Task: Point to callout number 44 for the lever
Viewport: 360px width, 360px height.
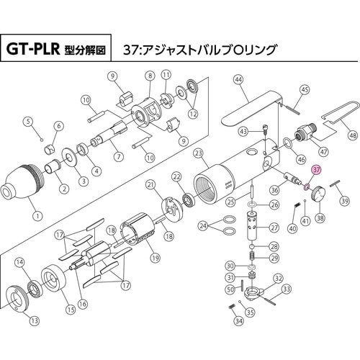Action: click(237, 80)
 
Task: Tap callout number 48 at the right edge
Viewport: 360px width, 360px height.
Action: click(352, 135)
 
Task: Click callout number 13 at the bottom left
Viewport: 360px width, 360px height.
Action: click(35, 320)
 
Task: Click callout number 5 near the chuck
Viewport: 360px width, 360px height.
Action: click(28, 120)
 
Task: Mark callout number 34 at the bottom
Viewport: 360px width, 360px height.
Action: click(238, 322)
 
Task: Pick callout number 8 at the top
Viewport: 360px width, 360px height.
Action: click(150, 76)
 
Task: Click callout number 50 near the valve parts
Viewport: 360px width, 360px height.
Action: click(229, 289)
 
